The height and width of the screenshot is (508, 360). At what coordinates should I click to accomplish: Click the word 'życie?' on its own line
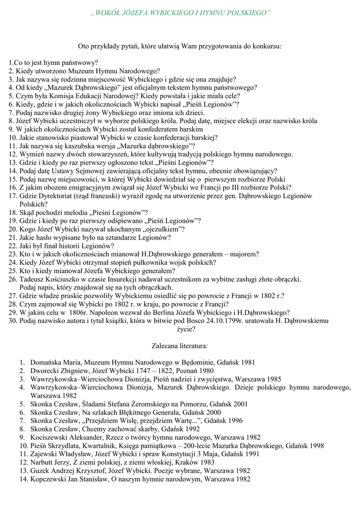tap(180, 328)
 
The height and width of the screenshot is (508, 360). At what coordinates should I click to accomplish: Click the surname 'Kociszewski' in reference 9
tap(51, 438)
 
